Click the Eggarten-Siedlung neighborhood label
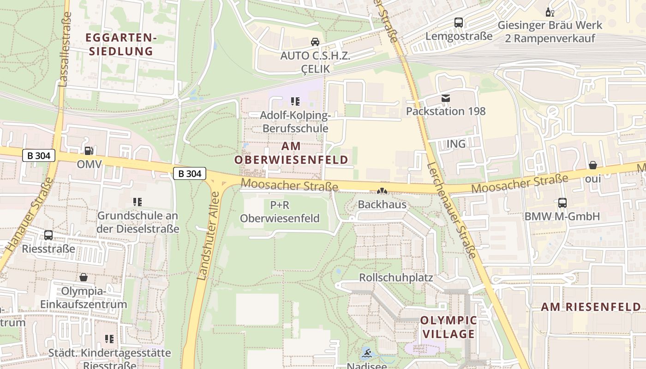[121, 44]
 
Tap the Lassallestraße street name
[66, 49]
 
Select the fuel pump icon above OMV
[89, 150]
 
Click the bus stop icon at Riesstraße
[48, 235]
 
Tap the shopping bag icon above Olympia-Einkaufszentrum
[84, 277]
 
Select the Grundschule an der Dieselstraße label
[138, 222]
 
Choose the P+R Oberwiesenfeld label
[280, 211]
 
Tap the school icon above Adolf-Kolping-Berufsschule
[295, 101]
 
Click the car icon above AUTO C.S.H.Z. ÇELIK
[315, 42]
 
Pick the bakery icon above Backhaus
[382, 191]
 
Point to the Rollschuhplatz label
[396, 278]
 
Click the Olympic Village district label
[449, 327]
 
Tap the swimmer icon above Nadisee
[367, 354]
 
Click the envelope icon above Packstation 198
[445, 98]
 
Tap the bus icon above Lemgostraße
[459, 22]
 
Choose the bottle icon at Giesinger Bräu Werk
[550, 12]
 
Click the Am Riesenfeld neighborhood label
[591, 307]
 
